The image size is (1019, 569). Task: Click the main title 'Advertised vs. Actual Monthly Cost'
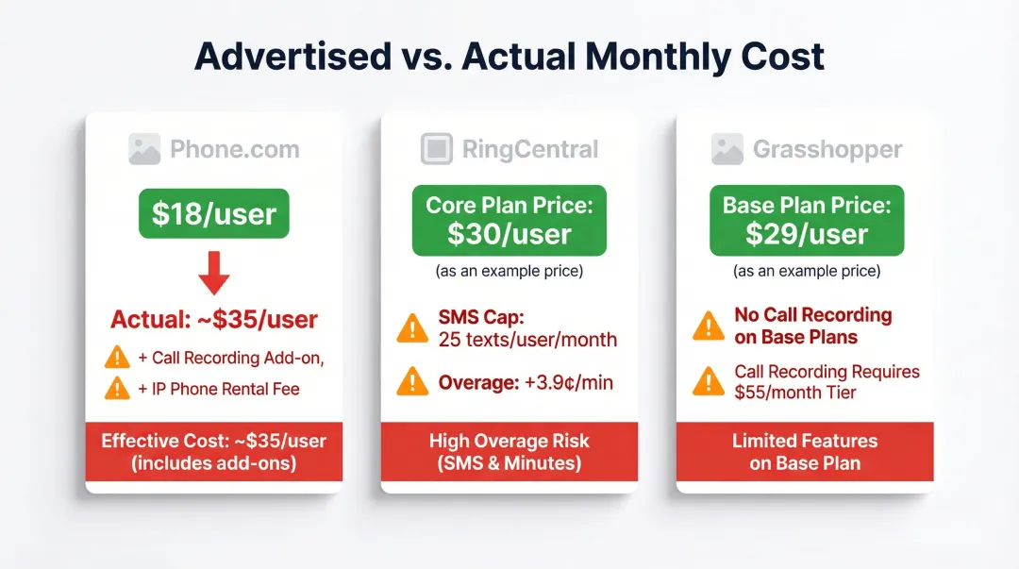click(x=509, y=57)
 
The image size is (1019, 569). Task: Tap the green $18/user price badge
click(x=214, y=215)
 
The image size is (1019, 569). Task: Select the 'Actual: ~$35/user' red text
click(x=214, y=319)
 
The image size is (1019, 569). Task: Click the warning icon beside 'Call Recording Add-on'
click(x=117, y=357)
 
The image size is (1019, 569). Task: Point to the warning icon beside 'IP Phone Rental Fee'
click(x=117, y=388)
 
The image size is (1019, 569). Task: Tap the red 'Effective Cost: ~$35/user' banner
click(x=214, y=452)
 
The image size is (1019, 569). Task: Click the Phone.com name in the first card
click(x=234, y=149)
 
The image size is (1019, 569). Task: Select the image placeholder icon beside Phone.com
click(x=144, y=149)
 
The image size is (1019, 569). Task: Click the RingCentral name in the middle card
click(x=529, y=149)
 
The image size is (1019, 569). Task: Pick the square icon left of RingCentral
click(x=436, y=149)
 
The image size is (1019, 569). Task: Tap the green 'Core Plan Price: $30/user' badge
click(x=509, y=220)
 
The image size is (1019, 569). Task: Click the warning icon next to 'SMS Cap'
click(x=412, y=327)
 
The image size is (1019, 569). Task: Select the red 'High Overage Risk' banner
click(x=509, y=452)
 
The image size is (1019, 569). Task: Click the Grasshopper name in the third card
click(x=827, y=149)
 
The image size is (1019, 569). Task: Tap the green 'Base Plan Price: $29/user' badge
click(x=807, y=220)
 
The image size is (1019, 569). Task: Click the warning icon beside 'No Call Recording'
click(x=709, y=326)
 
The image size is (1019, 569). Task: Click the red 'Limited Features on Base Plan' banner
click(x=805, y=452)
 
